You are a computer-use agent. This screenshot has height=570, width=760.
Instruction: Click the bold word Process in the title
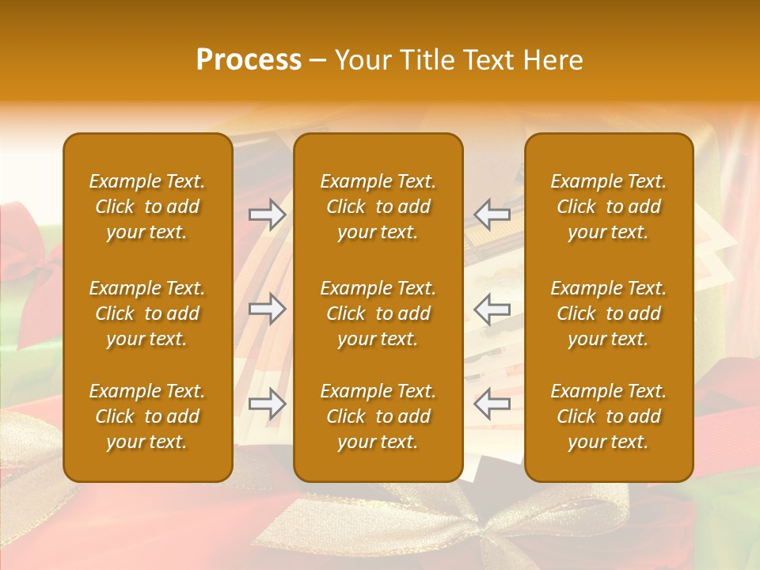click(249, 60)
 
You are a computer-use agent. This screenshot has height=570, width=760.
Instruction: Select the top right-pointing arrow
click(268, 215)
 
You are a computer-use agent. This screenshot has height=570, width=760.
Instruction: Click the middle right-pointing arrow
click(268, 309)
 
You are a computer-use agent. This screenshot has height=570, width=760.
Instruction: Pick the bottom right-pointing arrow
click(268, 404)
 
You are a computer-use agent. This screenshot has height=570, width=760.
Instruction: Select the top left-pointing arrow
click(492, 215)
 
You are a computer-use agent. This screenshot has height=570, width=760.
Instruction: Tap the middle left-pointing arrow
click(492, 309)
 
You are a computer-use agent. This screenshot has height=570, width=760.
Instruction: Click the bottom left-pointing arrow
click(492, 404)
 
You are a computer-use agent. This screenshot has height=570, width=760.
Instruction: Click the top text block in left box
click(147, 207)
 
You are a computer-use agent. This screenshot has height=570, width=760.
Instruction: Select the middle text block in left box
click(147, 313)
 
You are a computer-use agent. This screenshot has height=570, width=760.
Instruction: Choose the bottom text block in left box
click(147, 416)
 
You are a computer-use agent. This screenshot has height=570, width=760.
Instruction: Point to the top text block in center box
click(378, 207)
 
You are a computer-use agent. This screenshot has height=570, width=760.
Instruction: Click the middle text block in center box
click(378, 313)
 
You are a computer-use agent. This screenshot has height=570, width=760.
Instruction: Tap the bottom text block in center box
click(378, 416)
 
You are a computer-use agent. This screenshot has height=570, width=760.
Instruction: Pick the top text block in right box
click(608, 207)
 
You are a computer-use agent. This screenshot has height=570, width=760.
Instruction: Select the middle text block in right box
click(608, 313)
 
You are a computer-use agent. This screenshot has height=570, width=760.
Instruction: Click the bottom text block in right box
click(608, 416)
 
